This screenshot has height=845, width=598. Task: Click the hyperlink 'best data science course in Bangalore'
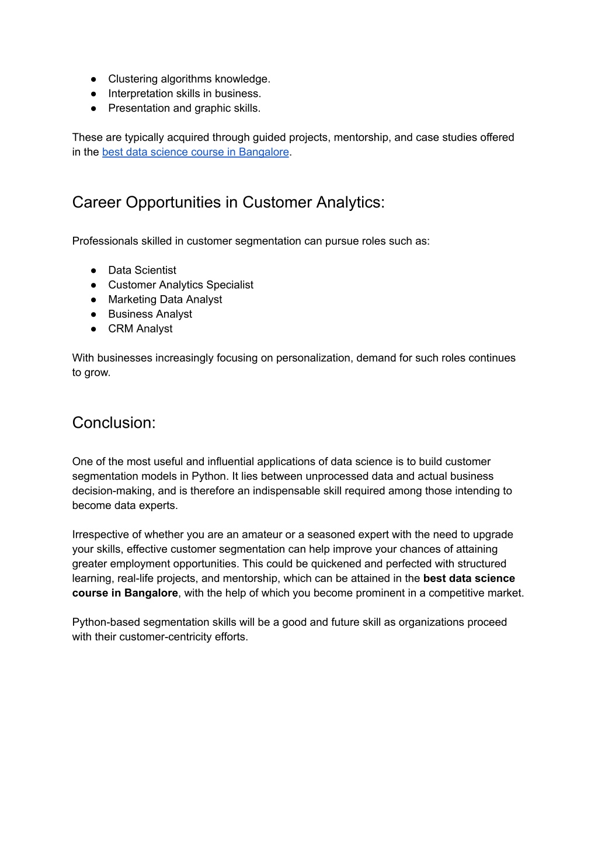coord(195,152)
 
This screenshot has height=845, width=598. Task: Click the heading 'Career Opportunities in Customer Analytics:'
coord(228,202)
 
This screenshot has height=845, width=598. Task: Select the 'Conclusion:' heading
coord(114,422)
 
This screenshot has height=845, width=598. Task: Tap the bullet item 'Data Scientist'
coord(142,270)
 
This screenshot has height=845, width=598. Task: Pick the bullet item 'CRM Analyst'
coord(140,328)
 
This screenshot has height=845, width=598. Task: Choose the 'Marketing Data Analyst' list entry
coord(165,299)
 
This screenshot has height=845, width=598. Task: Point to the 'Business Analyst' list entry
coord(150,314)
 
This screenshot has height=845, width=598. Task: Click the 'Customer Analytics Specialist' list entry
coord(180,285)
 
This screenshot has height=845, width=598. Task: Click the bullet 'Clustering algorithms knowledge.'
coord(189,79)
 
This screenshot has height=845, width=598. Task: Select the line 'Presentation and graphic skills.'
coord(184,108)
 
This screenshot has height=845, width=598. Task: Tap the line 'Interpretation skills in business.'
coord(185,93)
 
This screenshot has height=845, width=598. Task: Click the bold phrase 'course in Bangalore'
coord(125,593)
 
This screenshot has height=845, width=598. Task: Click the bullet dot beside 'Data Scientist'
coord(93,270)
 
